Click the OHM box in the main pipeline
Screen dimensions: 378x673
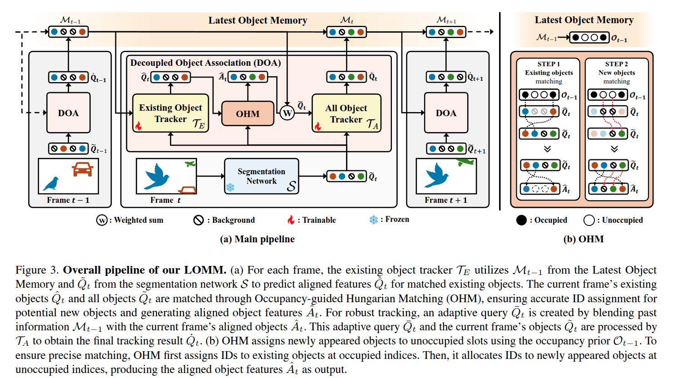(x=247, y=113)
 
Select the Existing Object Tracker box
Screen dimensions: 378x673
(x=170, y=113)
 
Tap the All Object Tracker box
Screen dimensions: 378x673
(x=346, y=113)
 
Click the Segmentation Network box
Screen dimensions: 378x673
(x=262, y=176)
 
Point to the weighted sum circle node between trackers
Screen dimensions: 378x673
(x=287, y=113)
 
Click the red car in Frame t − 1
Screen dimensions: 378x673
(x=82, y=169)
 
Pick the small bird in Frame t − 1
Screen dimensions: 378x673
(x=51, y=183)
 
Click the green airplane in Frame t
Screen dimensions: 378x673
(x=190, y=164)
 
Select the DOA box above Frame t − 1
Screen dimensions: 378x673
(x=68, y=113)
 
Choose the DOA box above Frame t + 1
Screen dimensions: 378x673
(x=446, y=113)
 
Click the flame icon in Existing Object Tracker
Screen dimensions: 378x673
(x=139, y=125)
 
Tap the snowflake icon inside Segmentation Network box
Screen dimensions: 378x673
(x=230, y=187)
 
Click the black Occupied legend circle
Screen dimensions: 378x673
(x=521, y=220)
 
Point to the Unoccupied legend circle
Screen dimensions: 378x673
(x=589, y=220)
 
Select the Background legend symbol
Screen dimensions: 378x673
(x=198, y=220)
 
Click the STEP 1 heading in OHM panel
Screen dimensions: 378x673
(x=549, y=64)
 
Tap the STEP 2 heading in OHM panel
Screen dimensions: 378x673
(x=616, y=64)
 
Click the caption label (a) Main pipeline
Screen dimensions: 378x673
(x=257, y=239)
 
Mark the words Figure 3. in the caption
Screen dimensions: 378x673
(x=37, y=270)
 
